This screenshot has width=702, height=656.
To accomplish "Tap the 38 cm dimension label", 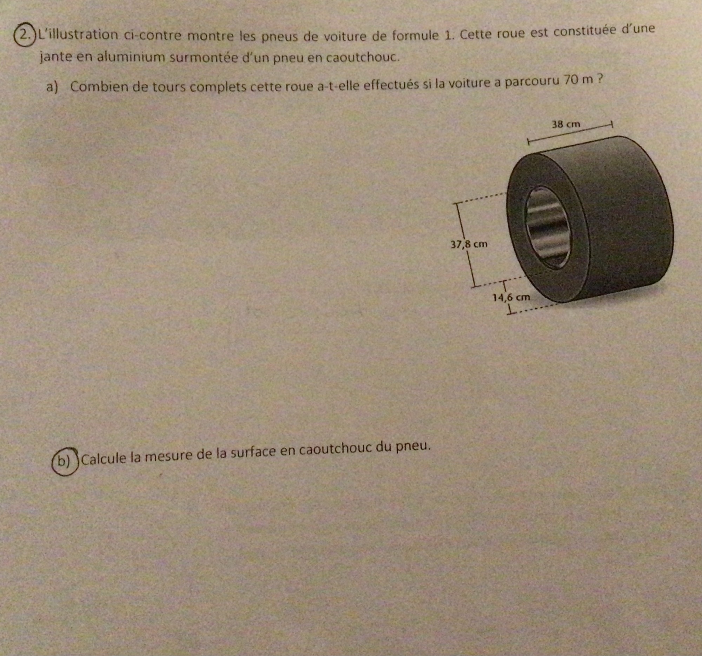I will click(x=566, y=124).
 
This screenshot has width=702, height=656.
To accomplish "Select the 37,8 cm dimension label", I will click(x=469, y=244).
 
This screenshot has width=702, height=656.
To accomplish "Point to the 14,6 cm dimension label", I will click(x=511, y=297).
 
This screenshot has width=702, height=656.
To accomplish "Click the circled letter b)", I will click(x=65, y=462).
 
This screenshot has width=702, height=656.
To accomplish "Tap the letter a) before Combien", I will click(x=52, y=87).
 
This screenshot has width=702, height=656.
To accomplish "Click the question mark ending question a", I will click(x=599, y=79).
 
